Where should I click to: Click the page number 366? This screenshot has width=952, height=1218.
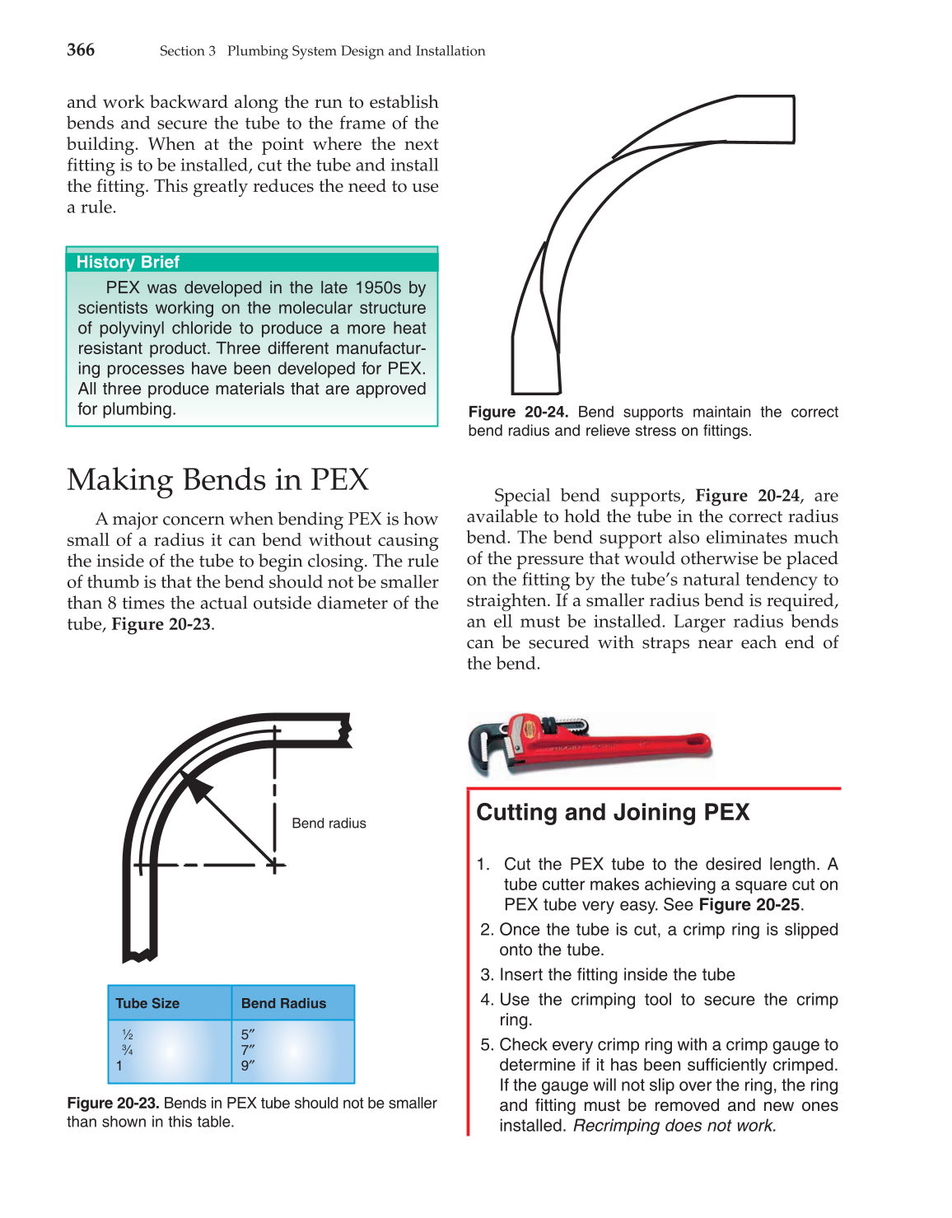tap(81, 50)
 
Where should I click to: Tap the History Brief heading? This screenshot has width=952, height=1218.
tap(128, 262)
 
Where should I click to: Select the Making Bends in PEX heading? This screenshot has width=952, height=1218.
tap(217, 479)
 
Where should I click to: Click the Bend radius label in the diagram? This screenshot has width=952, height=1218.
tap(329, 823)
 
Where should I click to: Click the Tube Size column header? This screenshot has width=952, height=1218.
tap(147, 1003)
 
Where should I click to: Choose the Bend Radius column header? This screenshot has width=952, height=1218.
tap(283, 1003)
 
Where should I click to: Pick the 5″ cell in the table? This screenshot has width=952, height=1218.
tap(248, 1034)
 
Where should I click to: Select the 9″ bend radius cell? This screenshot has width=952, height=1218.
tap(248, 1066)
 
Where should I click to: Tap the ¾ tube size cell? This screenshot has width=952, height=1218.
tap(127, 1050)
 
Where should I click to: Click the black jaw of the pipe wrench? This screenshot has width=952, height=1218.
tap(486, 744)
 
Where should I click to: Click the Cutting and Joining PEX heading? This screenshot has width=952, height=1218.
tap(613, 812)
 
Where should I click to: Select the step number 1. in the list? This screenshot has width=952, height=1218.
tap(483, 864)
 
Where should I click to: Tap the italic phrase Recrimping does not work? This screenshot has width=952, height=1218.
tap(674, 1126)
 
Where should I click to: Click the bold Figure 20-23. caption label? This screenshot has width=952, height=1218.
tap(113, 1103)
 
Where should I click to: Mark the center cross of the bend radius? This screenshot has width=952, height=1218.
tap(275, 865)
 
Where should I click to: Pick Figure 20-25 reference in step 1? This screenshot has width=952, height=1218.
tap(749, 904)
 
